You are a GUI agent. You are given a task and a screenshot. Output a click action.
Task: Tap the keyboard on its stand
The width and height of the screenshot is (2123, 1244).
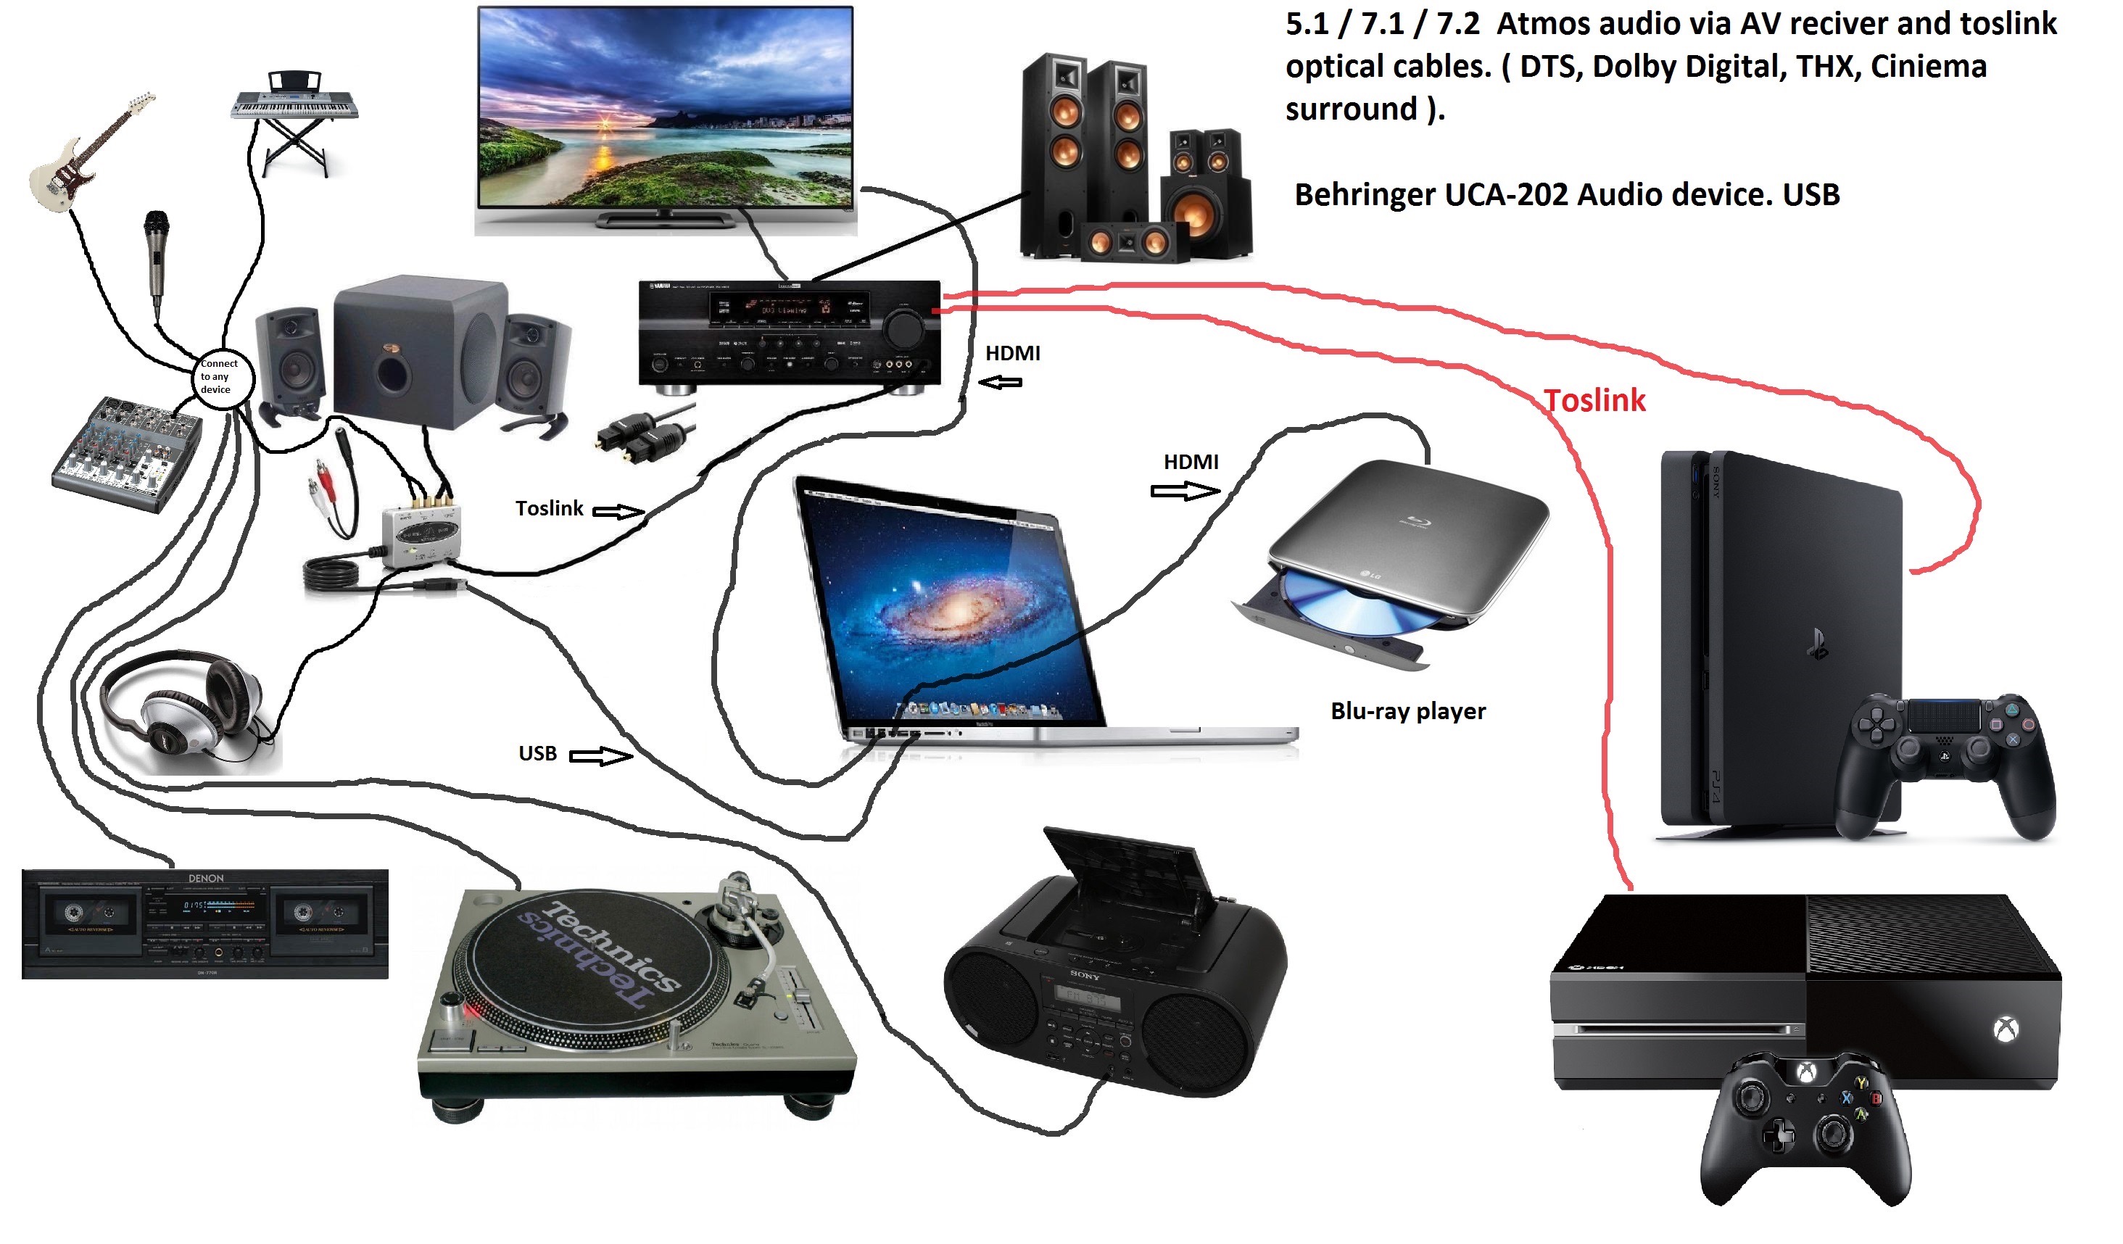(x=295, y=105)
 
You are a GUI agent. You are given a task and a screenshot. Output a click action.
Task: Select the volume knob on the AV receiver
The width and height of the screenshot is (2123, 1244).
(x=905, y=328)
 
